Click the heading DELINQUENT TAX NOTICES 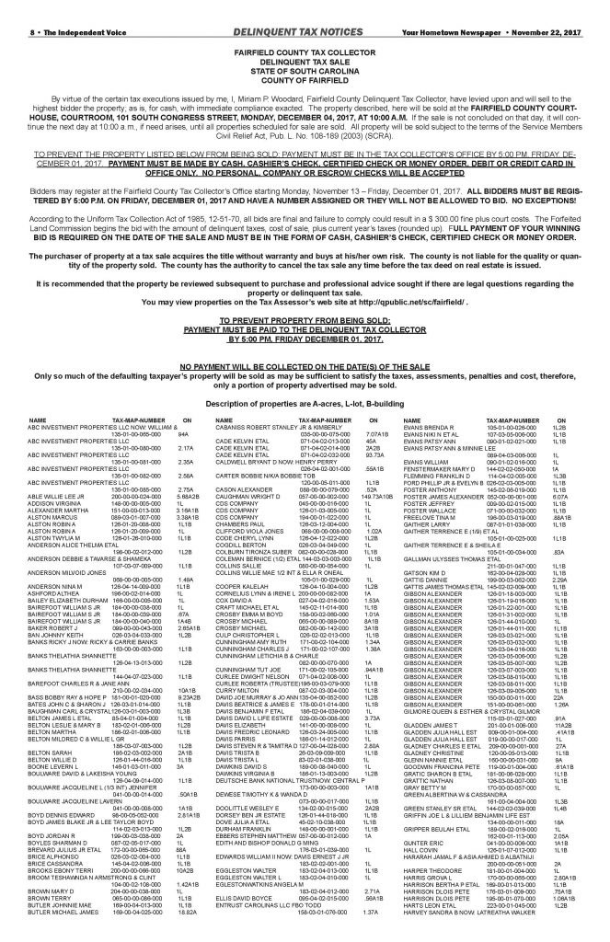pos(305,8)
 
